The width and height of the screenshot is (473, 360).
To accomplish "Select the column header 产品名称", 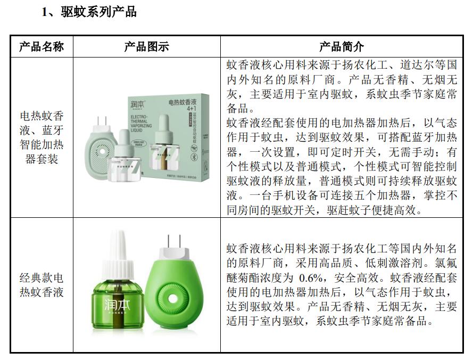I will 42,46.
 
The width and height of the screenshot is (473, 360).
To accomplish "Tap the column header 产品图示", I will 146,46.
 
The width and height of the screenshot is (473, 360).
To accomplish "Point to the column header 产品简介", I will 341,46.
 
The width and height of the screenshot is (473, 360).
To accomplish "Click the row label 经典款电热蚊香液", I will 42,285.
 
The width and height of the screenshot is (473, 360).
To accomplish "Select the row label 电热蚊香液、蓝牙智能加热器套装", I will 42,137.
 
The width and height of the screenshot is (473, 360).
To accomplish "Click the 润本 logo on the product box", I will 138,103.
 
